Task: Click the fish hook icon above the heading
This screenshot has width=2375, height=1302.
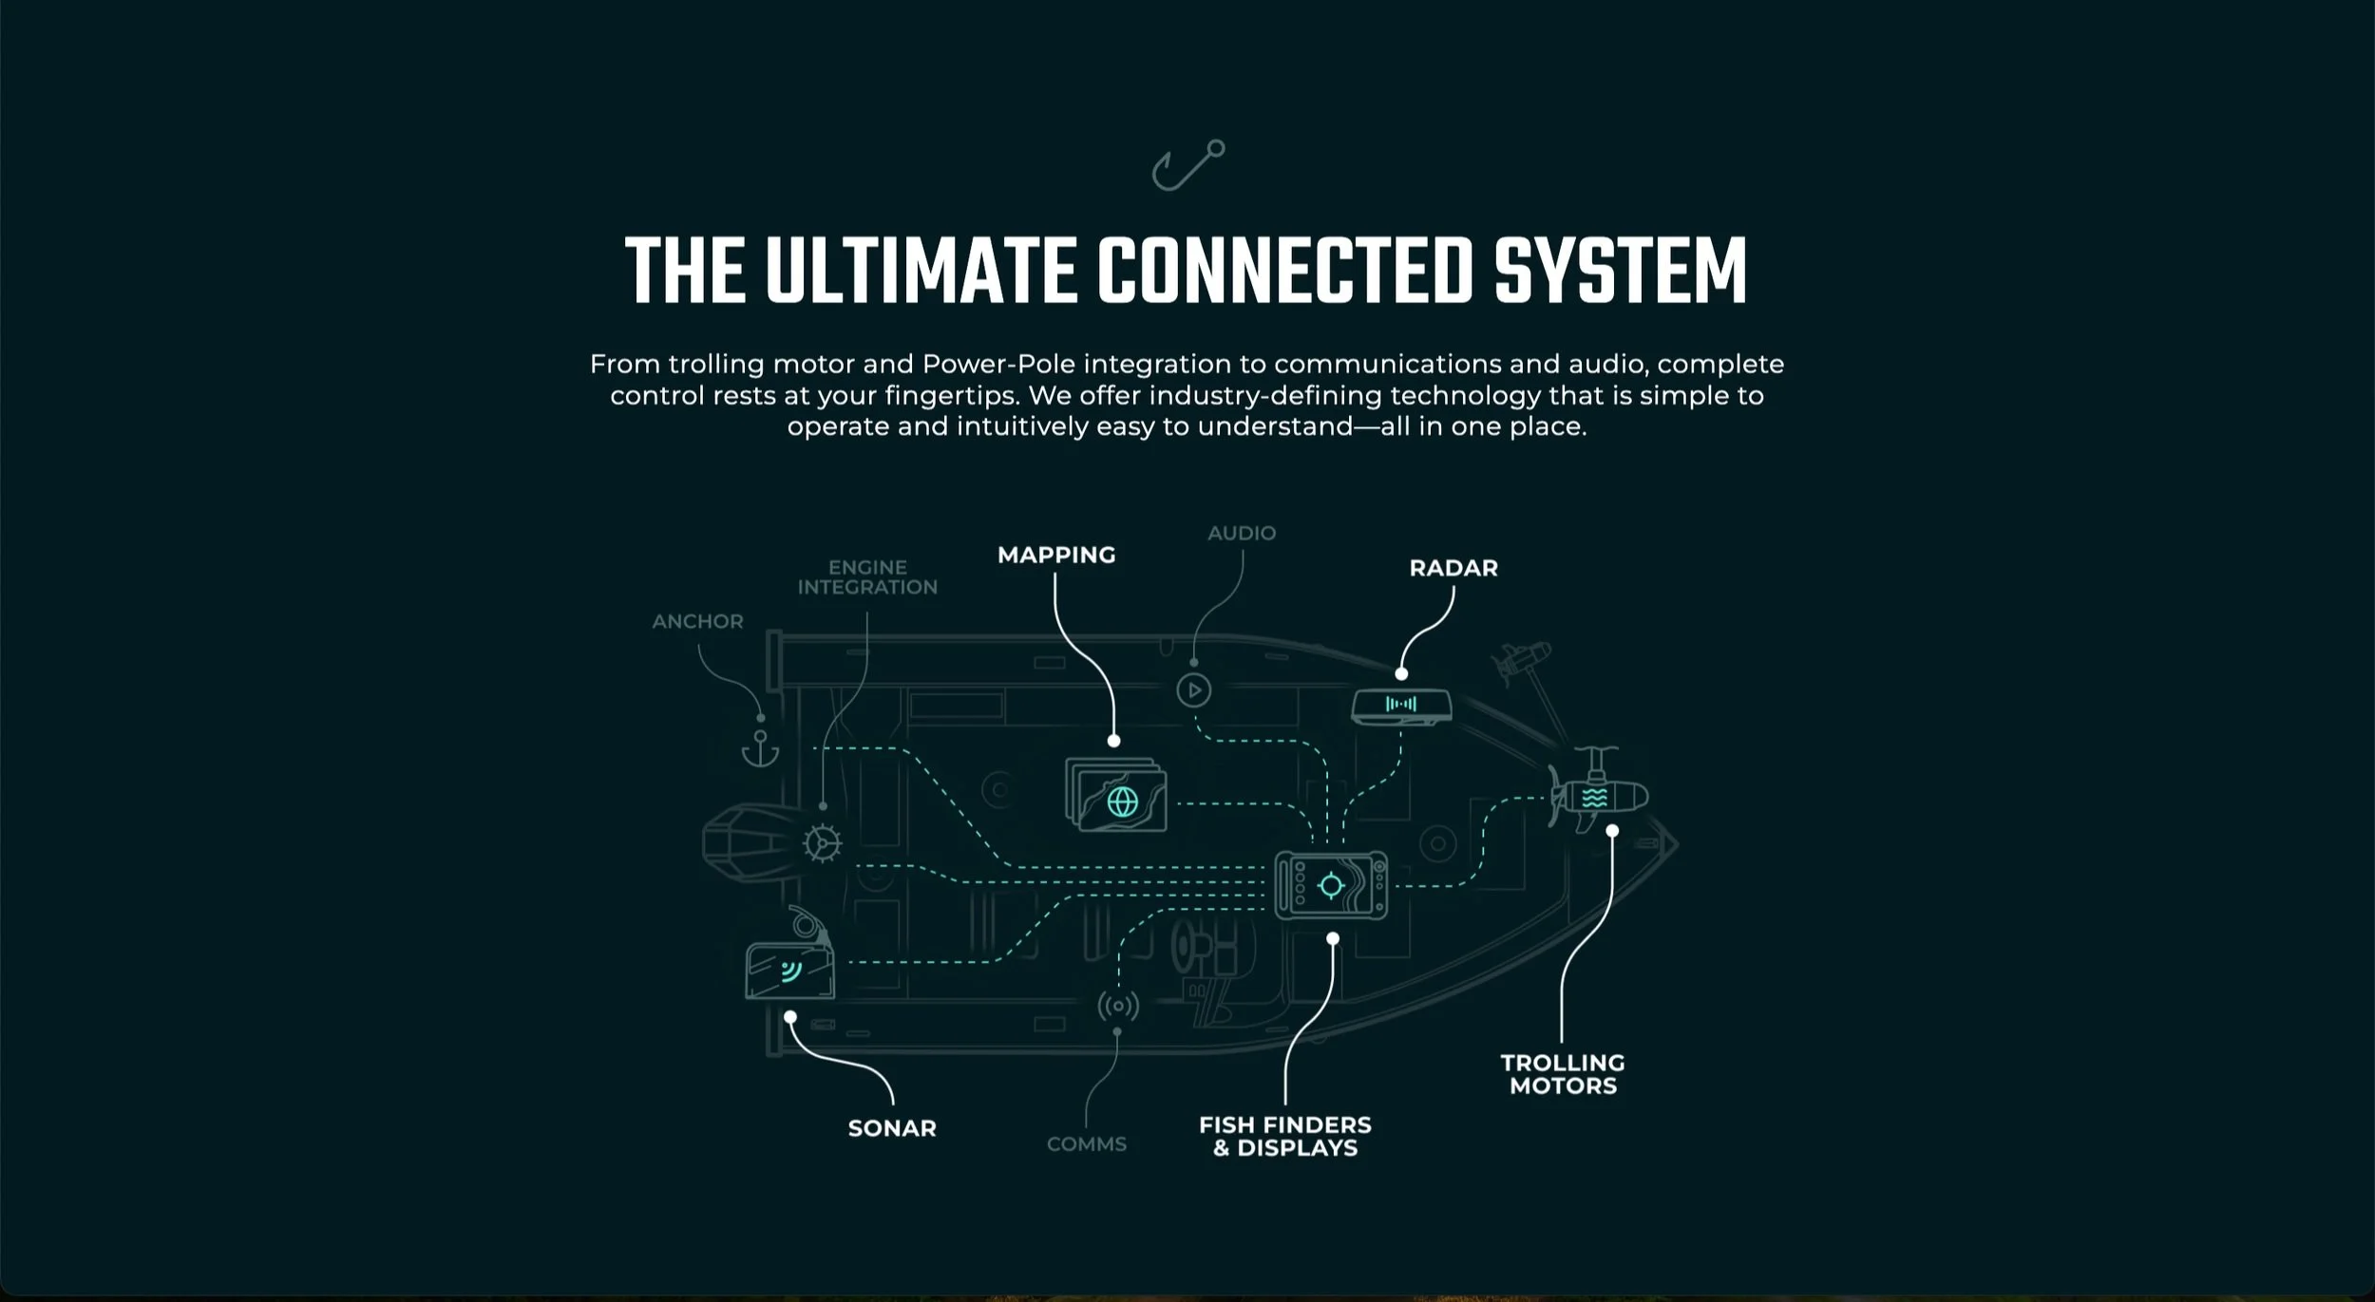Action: pos(1187,165)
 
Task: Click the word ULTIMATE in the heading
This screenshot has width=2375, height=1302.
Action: pos(919,273)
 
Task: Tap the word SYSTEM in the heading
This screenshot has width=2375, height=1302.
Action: pos(1620,273)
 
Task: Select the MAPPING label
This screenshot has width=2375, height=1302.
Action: pos(1055,555)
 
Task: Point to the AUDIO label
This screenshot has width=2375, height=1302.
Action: pos(1241,533)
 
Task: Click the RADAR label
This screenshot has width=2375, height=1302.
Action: pos(1453,568)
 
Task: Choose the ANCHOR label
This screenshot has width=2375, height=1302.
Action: pos(697,621)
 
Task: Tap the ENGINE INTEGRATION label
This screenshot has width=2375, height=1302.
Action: pos(866,577)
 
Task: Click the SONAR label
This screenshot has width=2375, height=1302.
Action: pos(891,1128)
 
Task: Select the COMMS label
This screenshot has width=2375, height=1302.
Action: pos(1086,1144)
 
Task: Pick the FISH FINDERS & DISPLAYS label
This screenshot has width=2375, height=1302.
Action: pos(1284,1137)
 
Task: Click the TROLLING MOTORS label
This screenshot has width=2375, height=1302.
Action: pos(1563,1074)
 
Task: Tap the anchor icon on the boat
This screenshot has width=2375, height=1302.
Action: pos(760,749)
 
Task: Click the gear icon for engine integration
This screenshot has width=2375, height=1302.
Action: pos(822,842)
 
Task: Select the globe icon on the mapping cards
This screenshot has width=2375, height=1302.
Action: pos(1122,802)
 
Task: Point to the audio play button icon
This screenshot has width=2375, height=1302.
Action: pos(1193,690)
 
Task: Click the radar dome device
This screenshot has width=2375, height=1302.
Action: pos(1401,706)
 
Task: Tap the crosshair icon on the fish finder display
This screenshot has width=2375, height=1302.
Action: pos(1331,886)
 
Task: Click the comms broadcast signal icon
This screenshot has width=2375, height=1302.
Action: pos(1117,1006)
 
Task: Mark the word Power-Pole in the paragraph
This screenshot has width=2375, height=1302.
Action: pos(997,365)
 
